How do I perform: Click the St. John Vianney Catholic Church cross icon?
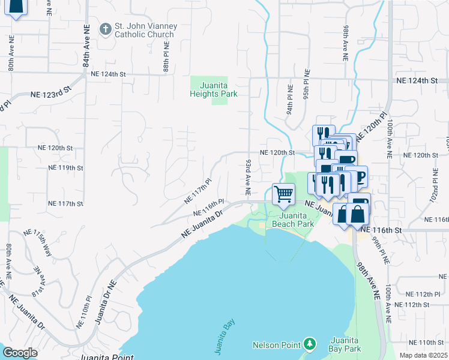(x=106, y=28)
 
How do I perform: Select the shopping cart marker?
(x=283, y=194)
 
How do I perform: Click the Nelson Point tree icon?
(x=309, y=344)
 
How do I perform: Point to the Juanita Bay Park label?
(x=345, y=344)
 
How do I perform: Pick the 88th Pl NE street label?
(x=166, y=56)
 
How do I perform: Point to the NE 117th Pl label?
(x=199, y=190)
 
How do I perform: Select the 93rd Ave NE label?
(x=247, y=177)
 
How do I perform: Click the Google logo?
(x=19, y=353)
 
